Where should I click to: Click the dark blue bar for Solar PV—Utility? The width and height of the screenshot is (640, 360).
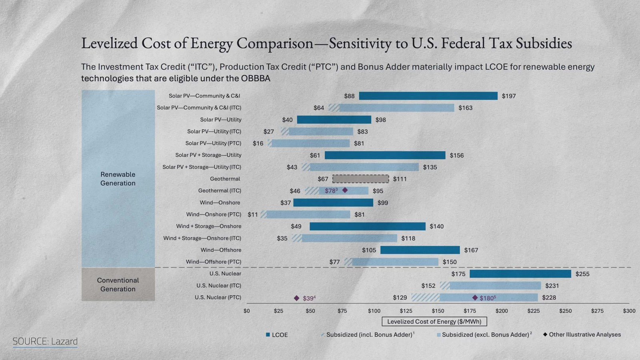(x=334, y=120)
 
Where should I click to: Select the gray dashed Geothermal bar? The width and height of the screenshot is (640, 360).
(x=360, y=179)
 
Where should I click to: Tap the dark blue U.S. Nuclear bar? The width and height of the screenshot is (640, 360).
(x=520, y=274)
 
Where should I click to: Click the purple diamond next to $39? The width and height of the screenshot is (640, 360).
(x=296, y=298)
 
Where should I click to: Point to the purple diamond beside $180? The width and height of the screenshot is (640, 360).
(x=475, y=298)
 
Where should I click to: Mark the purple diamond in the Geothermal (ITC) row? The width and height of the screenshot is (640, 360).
(x=345, y=190)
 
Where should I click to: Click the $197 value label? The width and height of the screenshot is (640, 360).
(x=509, y=96)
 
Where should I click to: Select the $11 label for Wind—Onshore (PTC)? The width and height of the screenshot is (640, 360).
(x=252, y=214)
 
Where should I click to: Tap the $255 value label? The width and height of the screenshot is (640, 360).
(x=582, y=274)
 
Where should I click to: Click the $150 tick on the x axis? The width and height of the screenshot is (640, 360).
(x=438, y=311)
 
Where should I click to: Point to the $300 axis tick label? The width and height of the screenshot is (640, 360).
(x=629, y=311)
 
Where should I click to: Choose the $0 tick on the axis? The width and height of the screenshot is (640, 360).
(x=246, y=311)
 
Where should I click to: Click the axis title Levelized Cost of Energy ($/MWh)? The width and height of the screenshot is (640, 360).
(x=434, y=322)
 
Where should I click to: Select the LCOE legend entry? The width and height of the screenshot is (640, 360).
(x=276, y=335)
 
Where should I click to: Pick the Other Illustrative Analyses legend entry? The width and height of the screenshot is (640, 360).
(x=582, y=334)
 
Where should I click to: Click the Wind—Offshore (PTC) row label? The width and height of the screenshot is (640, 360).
(x=214, y=262)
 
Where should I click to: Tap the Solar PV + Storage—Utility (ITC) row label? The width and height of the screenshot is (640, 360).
(x=202, y=167)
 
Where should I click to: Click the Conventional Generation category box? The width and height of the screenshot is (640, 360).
(x=118, y=284)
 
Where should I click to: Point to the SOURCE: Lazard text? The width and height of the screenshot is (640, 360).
(x=45, y=342)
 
